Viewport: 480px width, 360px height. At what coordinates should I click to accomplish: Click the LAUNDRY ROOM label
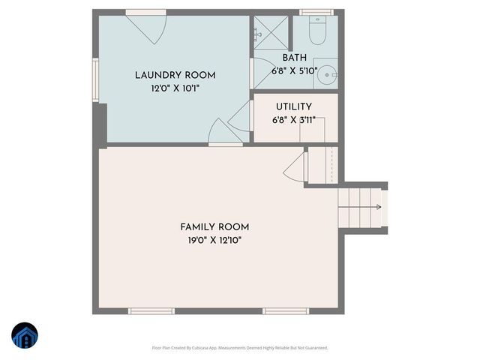[175, 75]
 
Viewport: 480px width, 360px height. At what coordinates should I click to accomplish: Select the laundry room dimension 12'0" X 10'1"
[175, 88]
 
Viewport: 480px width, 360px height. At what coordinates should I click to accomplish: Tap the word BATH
[295, 58]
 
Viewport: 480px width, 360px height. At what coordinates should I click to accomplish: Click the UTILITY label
[293, 107]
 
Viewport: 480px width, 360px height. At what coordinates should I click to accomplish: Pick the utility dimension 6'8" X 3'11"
[293, 120]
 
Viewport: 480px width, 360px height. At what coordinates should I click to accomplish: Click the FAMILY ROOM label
[214, 227]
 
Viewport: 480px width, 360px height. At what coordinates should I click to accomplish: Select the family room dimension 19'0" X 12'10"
[214, 241]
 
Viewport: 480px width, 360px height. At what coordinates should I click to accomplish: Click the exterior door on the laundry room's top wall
[146, 27]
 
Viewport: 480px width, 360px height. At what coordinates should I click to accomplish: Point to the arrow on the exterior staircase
[377, 207]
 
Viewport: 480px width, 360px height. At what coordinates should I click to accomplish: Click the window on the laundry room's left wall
[95, 79]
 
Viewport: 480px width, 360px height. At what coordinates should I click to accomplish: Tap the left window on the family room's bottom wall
[151, 310]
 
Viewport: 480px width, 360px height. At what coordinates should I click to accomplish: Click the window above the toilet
[316, 13]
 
